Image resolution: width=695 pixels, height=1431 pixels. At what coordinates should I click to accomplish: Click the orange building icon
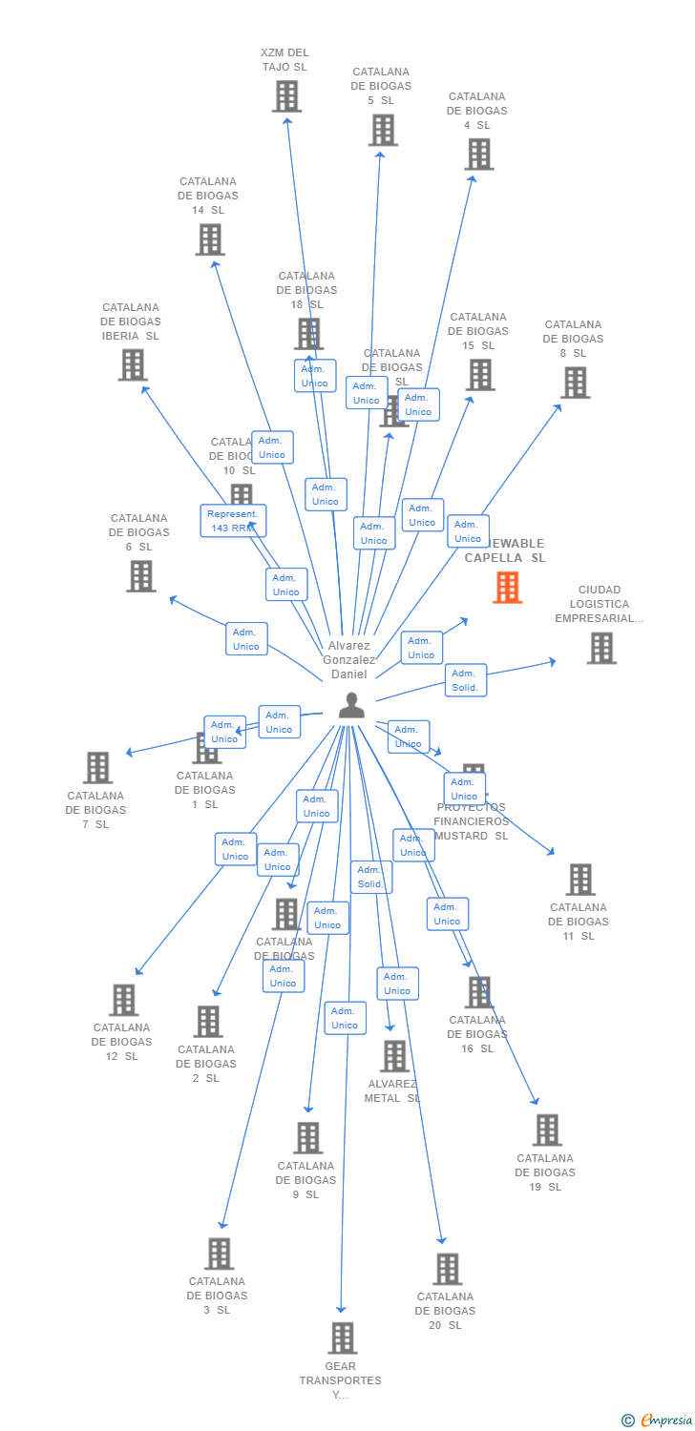coord(507,588)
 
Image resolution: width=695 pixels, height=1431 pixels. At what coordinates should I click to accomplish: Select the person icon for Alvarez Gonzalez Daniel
coord(352,706)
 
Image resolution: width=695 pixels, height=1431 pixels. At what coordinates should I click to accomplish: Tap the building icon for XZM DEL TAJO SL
coord(286,96)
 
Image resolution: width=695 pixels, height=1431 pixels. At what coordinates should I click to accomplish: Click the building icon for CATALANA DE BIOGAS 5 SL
coord(382,130)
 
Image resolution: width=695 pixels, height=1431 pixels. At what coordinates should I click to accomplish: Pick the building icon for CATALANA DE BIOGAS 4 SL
coord(478,154)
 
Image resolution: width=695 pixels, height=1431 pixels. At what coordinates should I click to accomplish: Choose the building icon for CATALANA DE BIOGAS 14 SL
coord(210,239)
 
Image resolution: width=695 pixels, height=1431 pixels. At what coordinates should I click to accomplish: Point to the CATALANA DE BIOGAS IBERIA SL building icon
coord(133,364)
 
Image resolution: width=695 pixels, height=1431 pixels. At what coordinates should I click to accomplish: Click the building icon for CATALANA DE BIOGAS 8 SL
coord(575,383)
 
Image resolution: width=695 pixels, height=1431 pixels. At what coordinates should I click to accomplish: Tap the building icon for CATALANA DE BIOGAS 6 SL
coord(141,575)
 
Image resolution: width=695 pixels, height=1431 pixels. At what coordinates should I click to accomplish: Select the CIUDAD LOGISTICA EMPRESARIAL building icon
coord(600,648)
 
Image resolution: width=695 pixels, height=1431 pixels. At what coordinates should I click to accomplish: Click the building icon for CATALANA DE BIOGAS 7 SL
coord(97,767)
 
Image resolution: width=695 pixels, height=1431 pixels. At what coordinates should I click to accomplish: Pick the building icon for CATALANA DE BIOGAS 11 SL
coord(579,879)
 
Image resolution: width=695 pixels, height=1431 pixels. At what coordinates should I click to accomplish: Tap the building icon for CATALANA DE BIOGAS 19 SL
coord(547,1130)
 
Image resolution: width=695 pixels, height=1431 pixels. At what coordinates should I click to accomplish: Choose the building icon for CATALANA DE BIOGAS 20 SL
coord(447,1269)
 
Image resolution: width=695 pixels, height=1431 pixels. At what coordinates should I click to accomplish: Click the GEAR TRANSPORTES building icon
coord(342,1338)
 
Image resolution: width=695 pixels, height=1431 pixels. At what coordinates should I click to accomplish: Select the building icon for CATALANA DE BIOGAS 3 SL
coord(219,1254)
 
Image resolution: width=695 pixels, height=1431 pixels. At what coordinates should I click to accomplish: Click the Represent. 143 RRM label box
coord(233,521)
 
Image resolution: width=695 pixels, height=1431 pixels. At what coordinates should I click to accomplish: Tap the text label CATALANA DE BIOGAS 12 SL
coord(121,1042)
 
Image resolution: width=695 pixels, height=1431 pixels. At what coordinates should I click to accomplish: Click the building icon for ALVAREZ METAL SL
coord(394,1056)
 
